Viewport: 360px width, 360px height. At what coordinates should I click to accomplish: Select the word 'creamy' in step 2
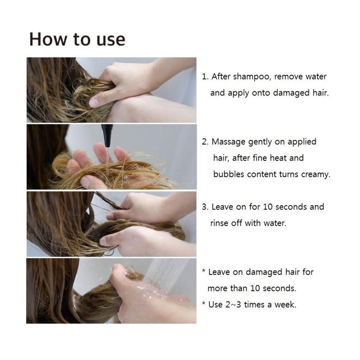point(315,174)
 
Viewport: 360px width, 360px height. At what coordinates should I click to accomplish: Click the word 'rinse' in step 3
point(220,223)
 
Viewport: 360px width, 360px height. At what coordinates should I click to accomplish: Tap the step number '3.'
point(205,207)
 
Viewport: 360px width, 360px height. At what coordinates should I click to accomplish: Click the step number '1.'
point(205,76)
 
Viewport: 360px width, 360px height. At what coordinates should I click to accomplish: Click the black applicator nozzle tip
point(107,132)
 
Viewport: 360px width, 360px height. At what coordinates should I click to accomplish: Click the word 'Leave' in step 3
point(222,207)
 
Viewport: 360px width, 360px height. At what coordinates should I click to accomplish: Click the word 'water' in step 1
point(315,76)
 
